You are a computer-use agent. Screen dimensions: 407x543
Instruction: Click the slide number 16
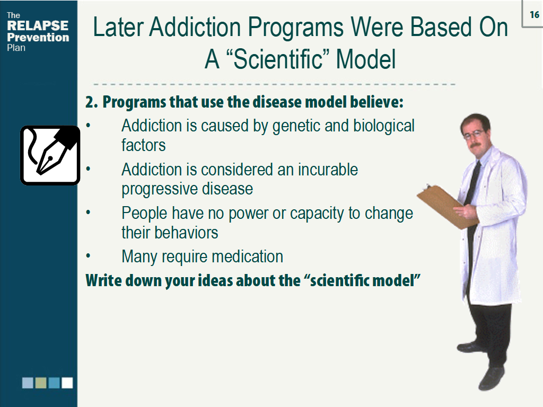[534, 15]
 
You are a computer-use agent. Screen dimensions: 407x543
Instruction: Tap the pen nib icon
[50, 155]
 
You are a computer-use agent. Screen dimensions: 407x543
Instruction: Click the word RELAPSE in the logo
[38, 26]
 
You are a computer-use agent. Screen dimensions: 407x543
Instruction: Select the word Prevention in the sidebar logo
[38, 38]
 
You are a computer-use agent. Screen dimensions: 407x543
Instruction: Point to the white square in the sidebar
[67, 383]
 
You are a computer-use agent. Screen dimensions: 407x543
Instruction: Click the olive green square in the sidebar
[41, 383]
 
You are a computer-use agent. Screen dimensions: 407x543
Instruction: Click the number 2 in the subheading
[91, 102]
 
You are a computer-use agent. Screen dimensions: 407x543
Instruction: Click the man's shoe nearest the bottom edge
[492, 378]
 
